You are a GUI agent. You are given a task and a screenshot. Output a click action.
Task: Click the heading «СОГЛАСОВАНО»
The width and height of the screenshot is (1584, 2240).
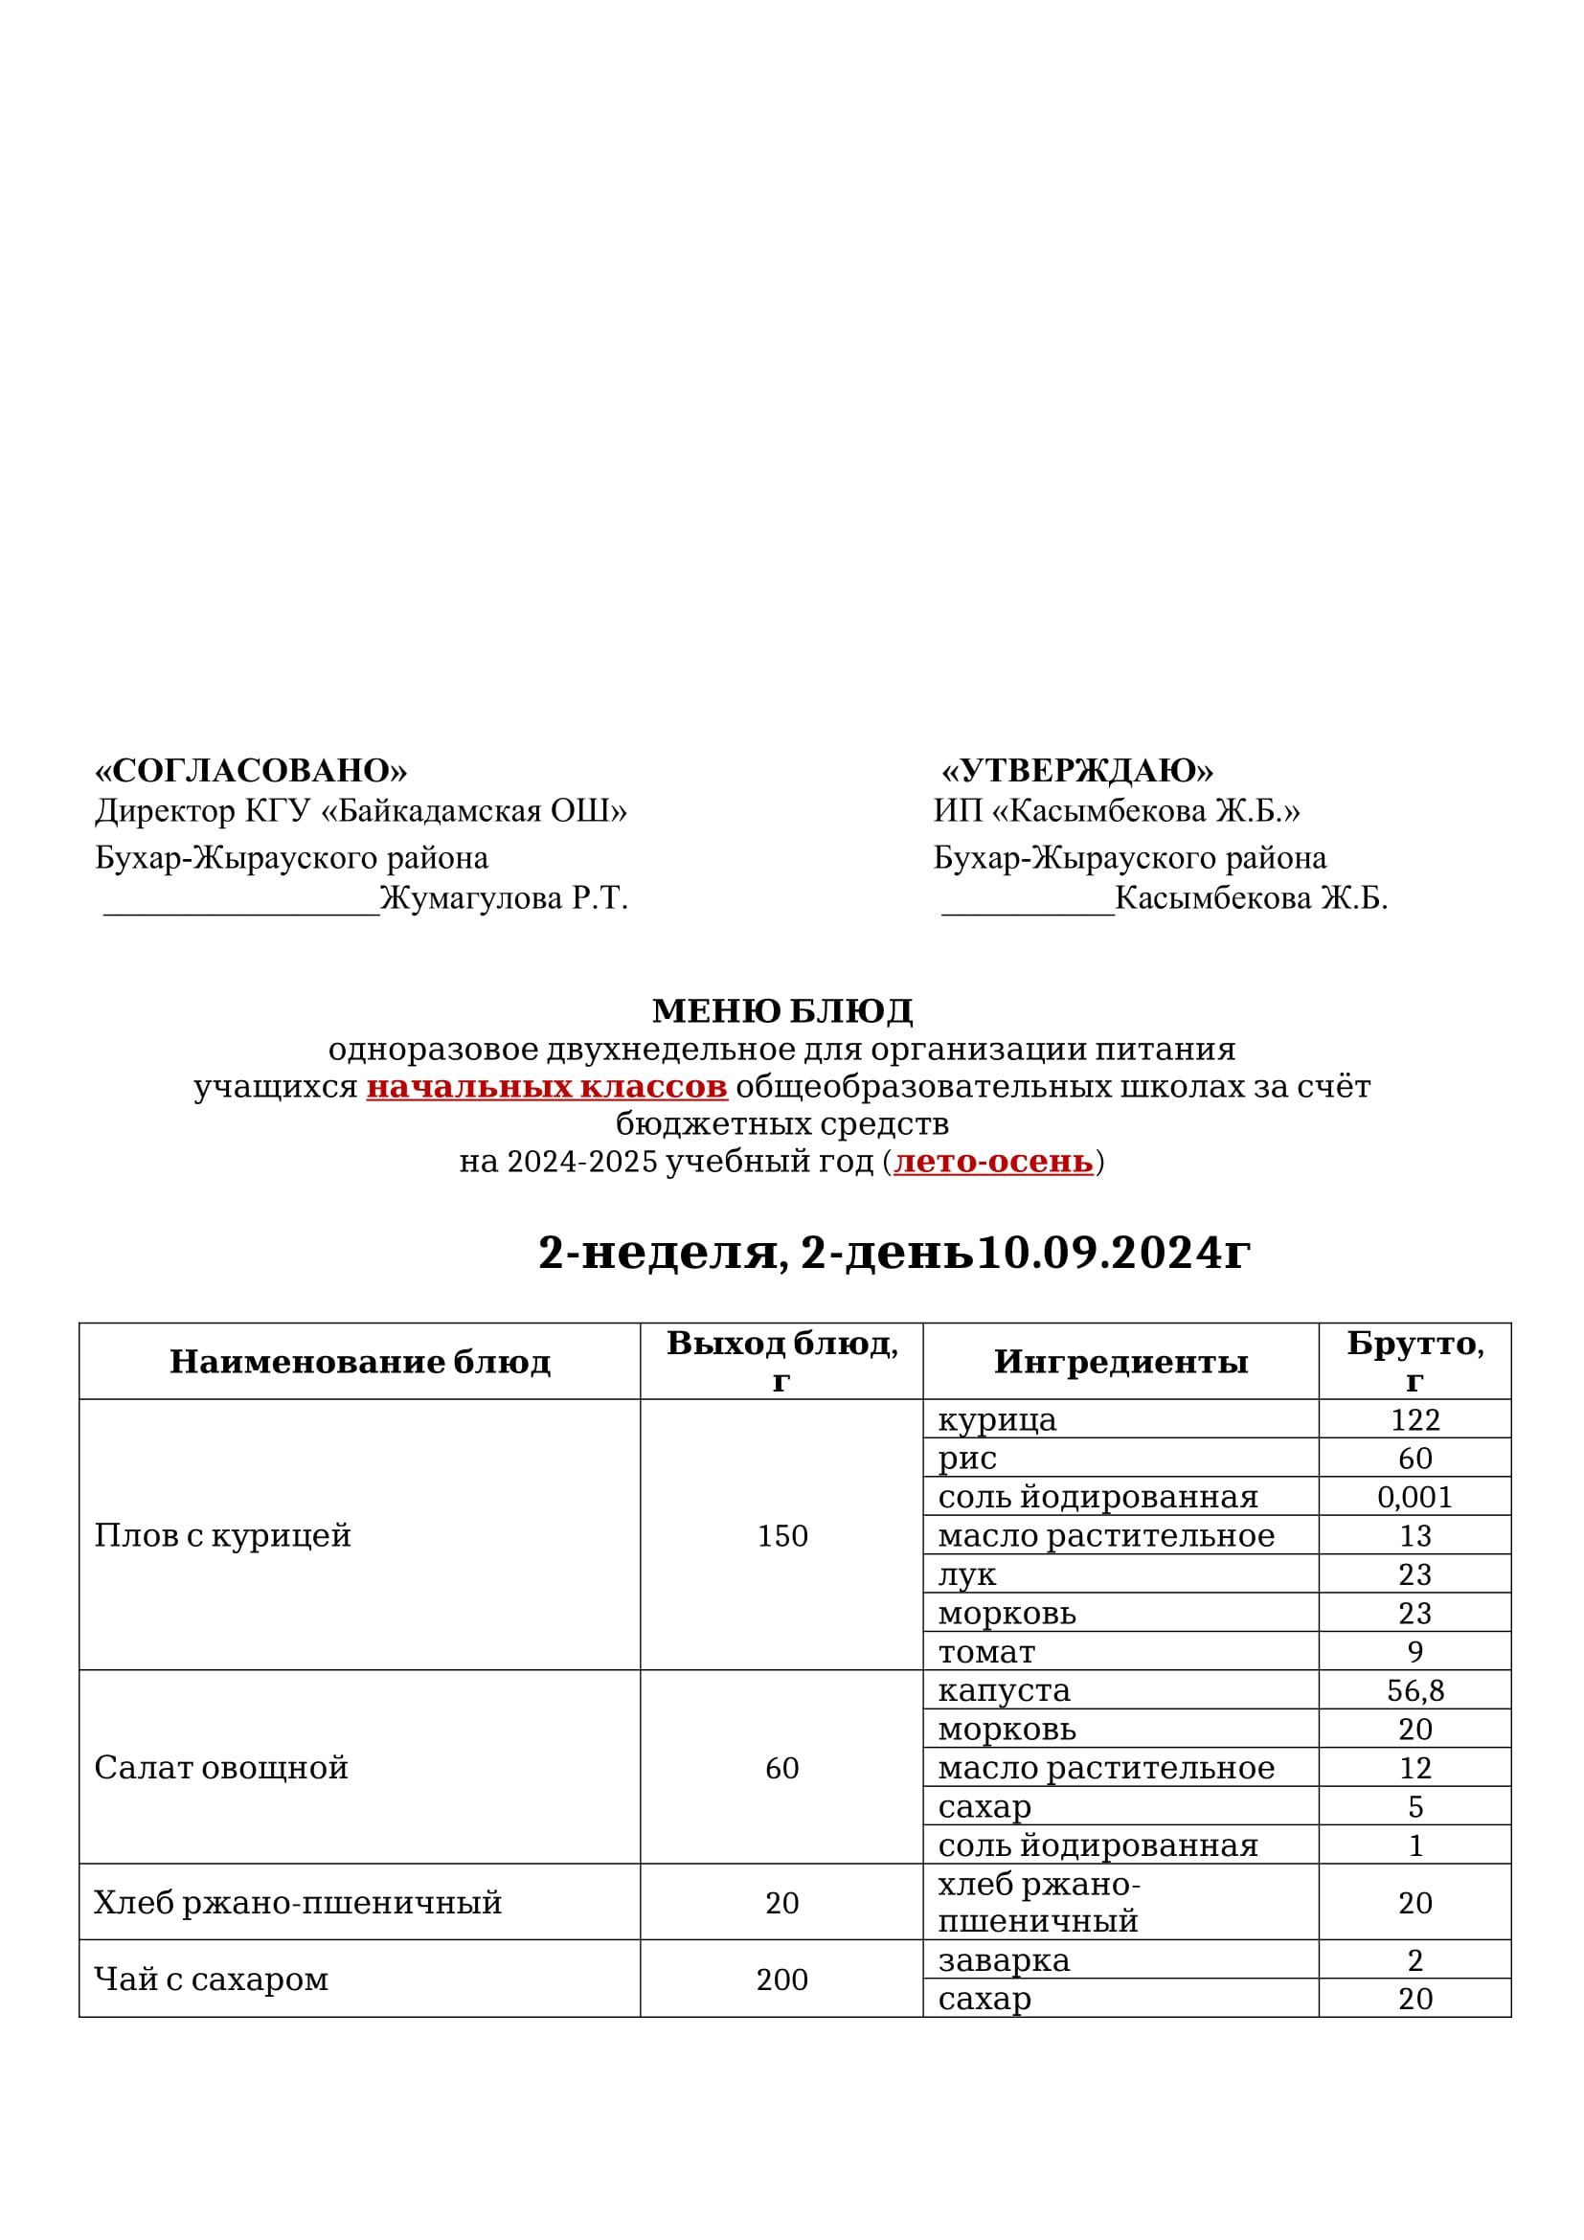[251, 771]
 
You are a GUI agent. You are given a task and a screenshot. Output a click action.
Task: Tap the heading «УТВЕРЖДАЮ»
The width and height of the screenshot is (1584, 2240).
[1076, 771]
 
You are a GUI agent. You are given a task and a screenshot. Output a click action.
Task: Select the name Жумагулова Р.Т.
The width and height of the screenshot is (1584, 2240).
[504, 897]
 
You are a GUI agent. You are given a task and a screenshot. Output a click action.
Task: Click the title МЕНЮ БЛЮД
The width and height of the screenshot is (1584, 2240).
[782, 1010]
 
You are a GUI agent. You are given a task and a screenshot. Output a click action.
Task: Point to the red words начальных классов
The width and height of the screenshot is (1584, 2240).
[546, 1086]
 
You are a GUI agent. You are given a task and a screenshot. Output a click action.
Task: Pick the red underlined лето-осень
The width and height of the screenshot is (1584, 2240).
[993, 1161]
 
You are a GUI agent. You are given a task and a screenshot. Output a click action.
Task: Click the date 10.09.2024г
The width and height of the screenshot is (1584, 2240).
[1113, 1253]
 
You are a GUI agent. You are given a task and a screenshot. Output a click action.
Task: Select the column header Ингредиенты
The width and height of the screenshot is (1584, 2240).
[1120, 1361]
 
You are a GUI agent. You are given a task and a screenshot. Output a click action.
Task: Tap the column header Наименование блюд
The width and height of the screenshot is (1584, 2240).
[360, 1361]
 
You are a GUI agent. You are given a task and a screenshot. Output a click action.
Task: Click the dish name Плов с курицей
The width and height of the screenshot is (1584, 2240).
[222, 1534]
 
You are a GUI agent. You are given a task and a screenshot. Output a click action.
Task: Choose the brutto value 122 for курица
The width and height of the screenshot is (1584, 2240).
[1414, 1419]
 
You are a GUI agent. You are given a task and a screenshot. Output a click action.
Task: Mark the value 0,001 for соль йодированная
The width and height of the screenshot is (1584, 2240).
[1414, 1497]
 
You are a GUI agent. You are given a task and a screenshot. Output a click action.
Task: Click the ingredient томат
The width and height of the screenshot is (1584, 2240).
[986, 1652]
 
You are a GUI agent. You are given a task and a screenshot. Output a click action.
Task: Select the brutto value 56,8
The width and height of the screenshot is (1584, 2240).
[1414, 1690]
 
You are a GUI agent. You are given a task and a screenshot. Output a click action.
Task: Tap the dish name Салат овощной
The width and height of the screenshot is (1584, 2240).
[220, 1768]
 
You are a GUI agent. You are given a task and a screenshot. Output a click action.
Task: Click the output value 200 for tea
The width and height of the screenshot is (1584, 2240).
[781, 1980]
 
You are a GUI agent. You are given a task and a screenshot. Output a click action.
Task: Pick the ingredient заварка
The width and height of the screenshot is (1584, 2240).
[1004, 1961]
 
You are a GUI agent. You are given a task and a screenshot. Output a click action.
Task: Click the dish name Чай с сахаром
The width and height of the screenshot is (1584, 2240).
[211, 1980]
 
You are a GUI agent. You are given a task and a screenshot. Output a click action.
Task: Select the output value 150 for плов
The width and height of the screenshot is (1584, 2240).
[782, 1535]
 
